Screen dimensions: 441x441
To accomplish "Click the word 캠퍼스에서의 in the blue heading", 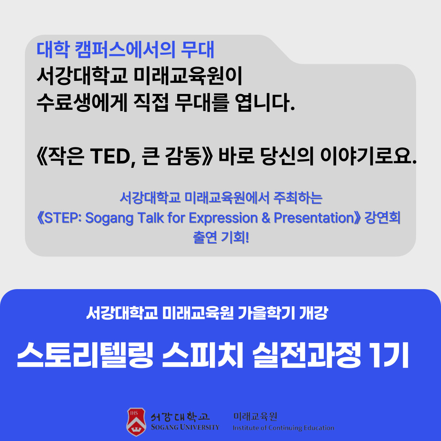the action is pyautogui.click(x=125, y=50).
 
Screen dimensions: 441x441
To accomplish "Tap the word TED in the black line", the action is pyautogui.click(x=111, y=156).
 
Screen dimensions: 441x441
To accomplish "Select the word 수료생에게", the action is pyautogui.click(x=82, y=102).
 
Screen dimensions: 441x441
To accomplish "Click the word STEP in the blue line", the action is pyautogui.click(x=62, y=218).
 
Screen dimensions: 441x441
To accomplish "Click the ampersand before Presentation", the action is pyautogui.click(x=266, y=218).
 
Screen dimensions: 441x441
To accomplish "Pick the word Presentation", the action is pyautogui.click(x=314, y=218).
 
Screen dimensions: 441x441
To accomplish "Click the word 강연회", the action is pyautogui.click(x=382, y=218).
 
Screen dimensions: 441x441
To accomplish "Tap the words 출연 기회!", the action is pyautogui.click(x=221, y=237).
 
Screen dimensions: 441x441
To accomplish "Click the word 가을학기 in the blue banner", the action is pyautogui.click(x=266, y=313).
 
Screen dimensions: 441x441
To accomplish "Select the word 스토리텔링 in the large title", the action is pyautogui.click(x=85, y=355).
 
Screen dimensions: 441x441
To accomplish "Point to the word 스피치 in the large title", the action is pyautogui.click(x=203, y=355).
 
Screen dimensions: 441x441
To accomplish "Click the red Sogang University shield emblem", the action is pyautogui.click(x=136, y=422).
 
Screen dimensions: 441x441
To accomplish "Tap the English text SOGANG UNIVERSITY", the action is pyautogui.click(x=185, y=427).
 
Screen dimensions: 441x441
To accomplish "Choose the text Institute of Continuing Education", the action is pyautogui.click(x=283, y=428).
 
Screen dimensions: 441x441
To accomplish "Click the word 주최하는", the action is pyautogui.click(x=298, y=198).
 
